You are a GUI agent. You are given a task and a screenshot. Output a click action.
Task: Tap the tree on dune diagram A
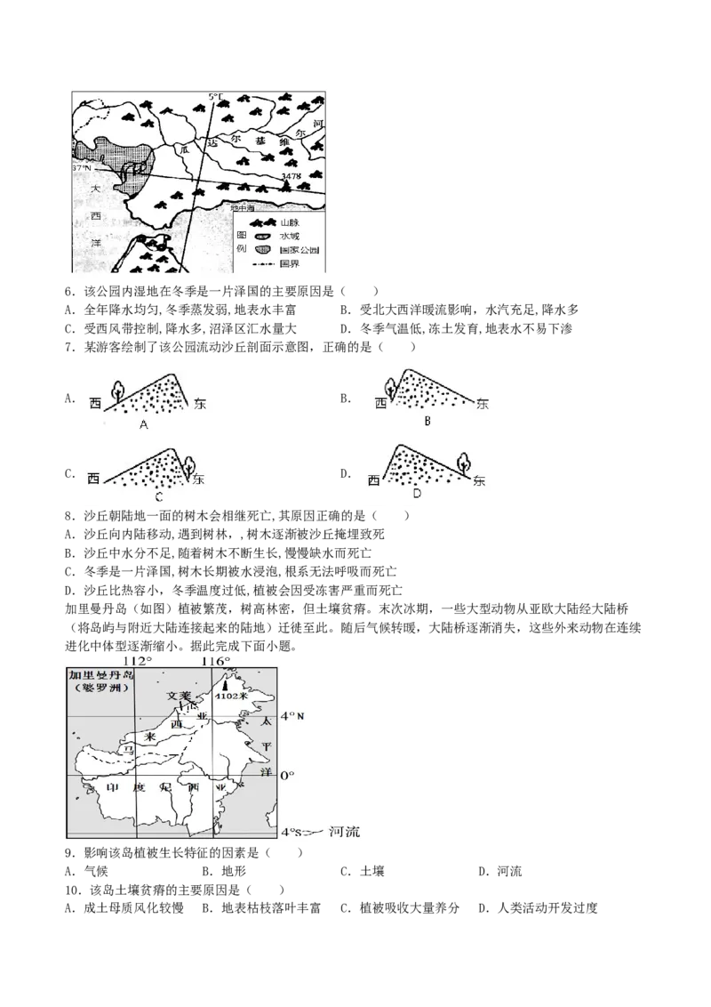pyautogui.click(x=116, y=390)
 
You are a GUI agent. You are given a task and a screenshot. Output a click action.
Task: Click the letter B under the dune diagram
pyautogui.click(x=427, y=421)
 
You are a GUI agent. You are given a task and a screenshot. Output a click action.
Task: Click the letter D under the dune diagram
pyautogui.click(x=418, y=493)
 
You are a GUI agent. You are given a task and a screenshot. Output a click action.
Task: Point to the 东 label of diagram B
pyautogui.click(x=483, y=403)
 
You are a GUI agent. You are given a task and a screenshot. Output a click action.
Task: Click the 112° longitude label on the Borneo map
pyautogui.click(x=138, y=661)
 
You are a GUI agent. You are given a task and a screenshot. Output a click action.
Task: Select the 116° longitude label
pyautogui.click(x=216, y=661)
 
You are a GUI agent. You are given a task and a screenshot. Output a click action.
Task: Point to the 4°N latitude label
pyautogui.click(x=292, y=716)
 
